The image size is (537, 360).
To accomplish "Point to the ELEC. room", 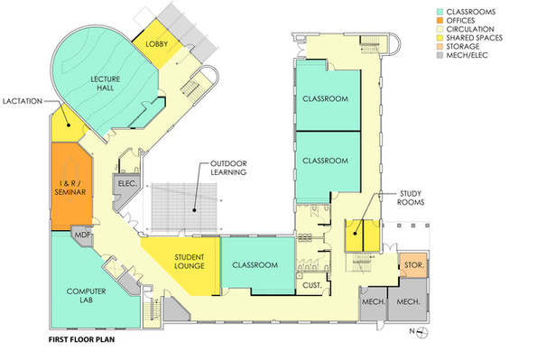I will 125,185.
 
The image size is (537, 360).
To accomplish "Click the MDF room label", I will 82,237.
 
